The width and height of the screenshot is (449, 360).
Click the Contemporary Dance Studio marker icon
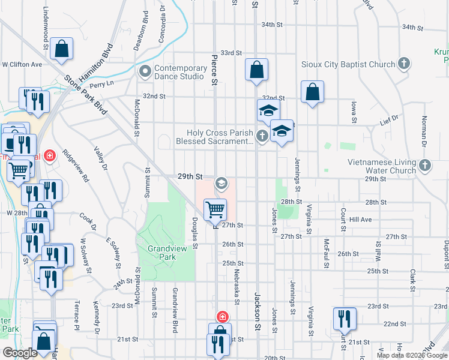tap(144, 72)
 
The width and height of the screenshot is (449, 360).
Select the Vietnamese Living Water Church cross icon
tap(424, 164)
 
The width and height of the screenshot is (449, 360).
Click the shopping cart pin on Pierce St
tap(215, 209)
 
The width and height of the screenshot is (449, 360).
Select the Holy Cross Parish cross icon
tap(262, 136)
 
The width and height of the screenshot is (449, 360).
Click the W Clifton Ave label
tap(22, 64)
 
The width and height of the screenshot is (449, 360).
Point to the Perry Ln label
tap(101, 84)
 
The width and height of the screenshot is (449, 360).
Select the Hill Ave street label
tap(361, 220)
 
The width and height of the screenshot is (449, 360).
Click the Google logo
tap(19, 353)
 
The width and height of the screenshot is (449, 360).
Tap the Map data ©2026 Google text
tap(411, 355)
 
